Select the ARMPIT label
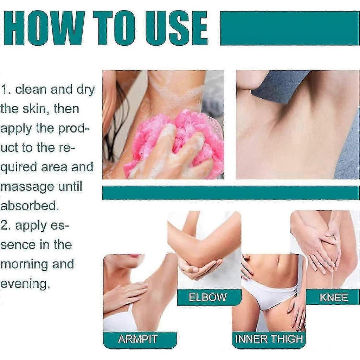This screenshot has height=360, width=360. click(137, 339)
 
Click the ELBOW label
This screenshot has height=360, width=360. click(207, 297)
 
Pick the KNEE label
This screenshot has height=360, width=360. click(334, 297)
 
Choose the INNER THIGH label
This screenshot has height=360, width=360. click(269, 339)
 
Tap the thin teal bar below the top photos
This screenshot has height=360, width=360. click(231, 193)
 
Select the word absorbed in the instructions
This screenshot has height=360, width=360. click(29, 206)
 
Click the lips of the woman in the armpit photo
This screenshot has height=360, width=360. click(135, 256)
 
